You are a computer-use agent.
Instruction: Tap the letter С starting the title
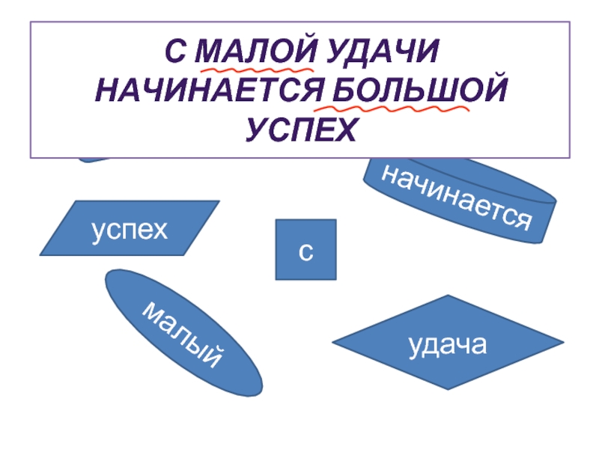[174, 53]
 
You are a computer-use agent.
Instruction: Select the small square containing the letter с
[305, 249]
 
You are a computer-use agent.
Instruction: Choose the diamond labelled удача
[448, 342]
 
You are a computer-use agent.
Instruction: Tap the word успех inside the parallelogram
[129, 228]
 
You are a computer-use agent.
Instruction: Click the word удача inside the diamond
[448, 344]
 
